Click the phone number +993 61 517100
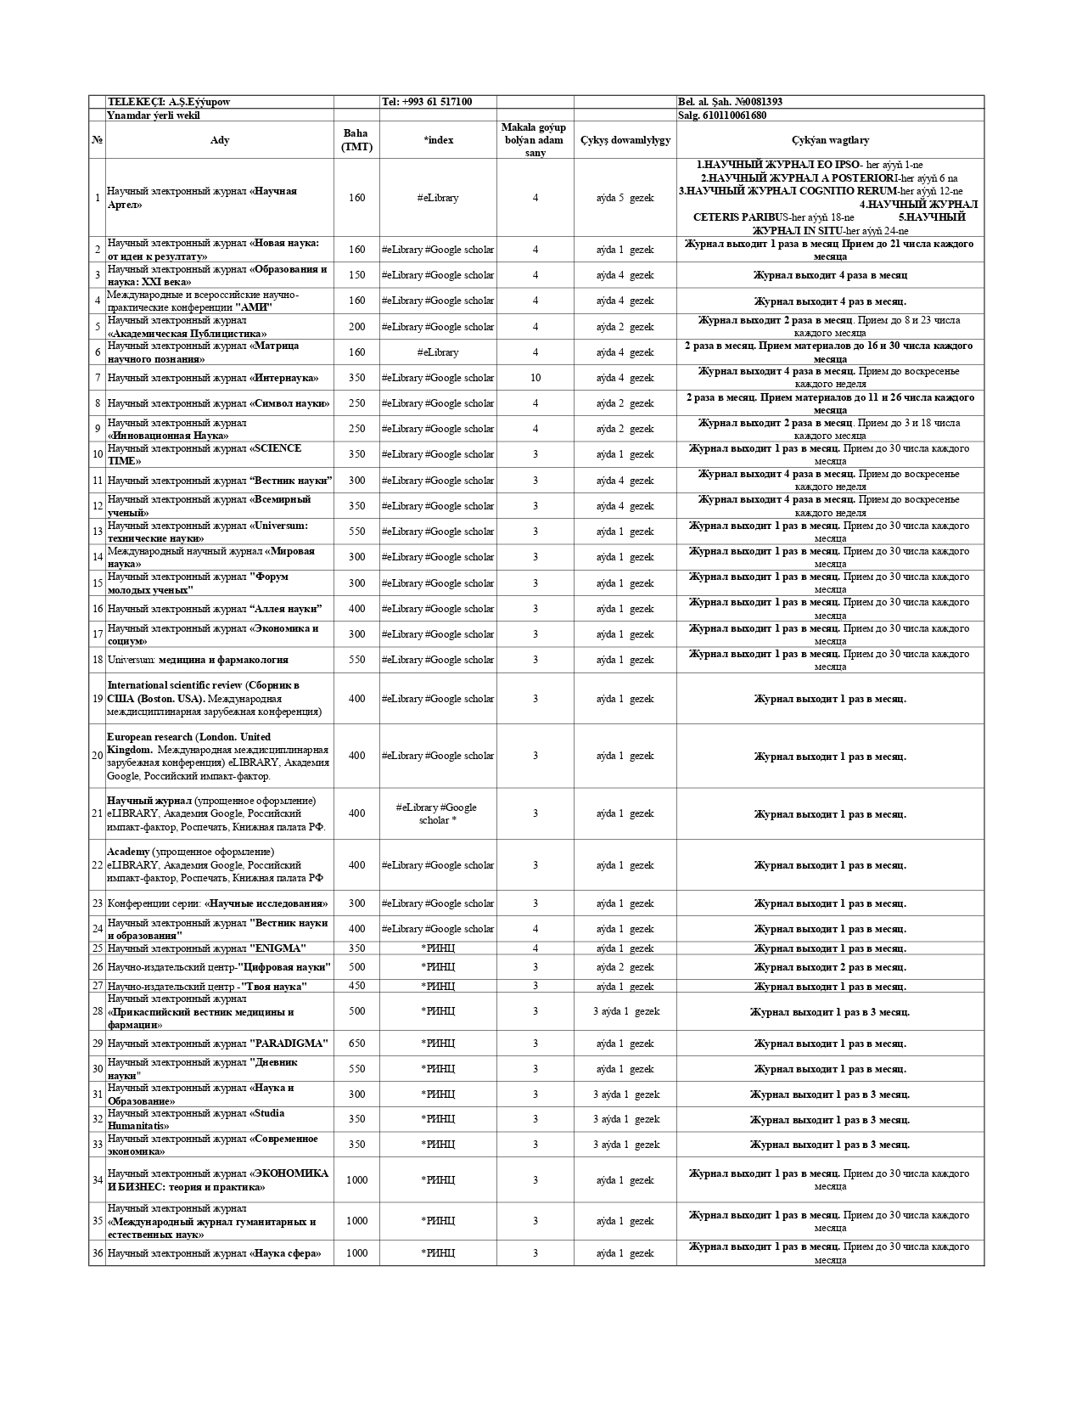(427, 102)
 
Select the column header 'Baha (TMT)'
(356, 140)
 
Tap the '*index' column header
(438, 140)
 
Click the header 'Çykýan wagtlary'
(830, 140)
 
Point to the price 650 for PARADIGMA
(356, 1044)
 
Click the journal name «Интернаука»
(284, 378)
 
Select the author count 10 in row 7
(535, 378)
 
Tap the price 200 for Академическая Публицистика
(356, 327)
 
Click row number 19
(98, 699)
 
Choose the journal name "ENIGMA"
(278, 948)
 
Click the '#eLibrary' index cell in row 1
(438, 198)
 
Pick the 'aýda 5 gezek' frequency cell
(625, 198)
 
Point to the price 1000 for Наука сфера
(356, 1253)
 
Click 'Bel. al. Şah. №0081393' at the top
(730, 102)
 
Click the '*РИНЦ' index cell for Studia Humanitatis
(438, 1119)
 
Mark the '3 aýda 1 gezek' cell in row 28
(625, 1011)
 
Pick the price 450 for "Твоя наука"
(356, 986)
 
